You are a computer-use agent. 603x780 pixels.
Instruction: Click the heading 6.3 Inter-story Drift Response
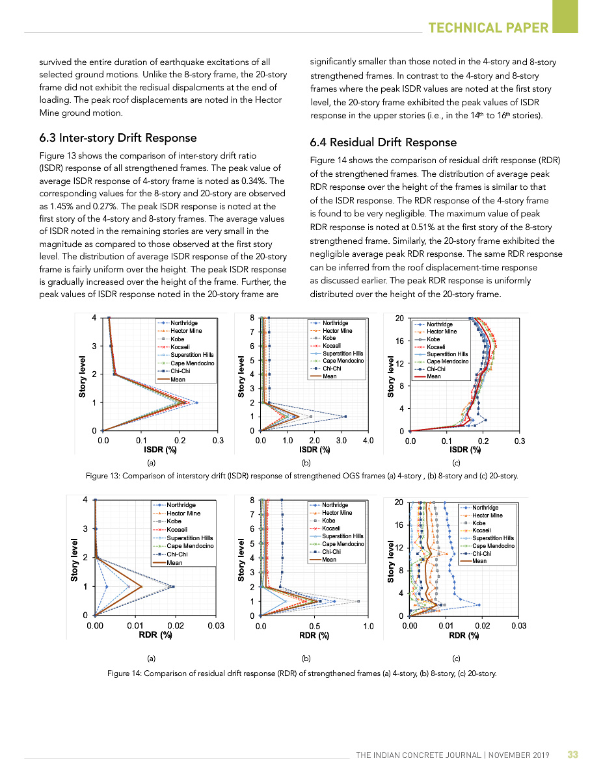click(x=118, y=138)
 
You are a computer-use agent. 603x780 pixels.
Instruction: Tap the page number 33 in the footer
click(x=572, y=755)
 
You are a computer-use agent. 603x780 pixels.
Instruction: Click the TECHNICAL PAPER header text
click(x=488, y=27)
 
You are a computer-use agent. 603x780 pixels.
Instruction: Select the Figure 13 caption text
click(x=302, y=476)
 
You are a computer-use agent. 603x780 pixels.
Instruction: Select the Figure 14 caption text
click(x=302, y=673)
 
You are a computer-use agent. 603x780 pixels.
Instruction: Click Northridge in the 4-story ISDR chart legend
click(x=183, y=323)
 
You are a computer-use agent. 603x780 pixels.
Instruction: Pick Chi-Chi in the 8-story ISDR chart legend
click(x=333, y=369)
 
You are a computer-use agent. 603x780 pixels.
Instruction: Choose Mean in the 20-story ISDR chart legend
click(x=433, y=376)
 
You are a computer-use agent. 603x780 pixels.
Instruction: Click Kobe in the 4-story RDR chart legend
click(x=174, y=521)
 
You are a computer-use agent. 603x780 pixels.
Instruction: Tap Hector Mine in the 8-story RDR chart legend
click(x=337, y=513)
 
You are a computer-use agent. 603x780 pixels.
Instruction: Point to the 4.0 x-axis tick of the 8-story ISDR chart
click(x=368, y=441)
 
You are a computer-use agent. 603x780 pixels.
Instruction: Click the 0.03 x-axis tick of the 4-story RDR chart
click(x=215, y=625)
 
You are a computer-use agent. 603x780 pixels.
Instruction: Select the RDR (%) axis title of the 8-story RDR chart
click(x=314, y=636)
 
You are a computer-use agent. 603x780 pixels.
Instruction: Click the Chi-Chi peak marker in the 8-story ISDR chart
click(x=345, y=417)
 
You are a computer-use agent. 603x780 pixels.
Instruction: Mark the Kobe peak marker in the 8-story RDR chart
click(x=358, y=601)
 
